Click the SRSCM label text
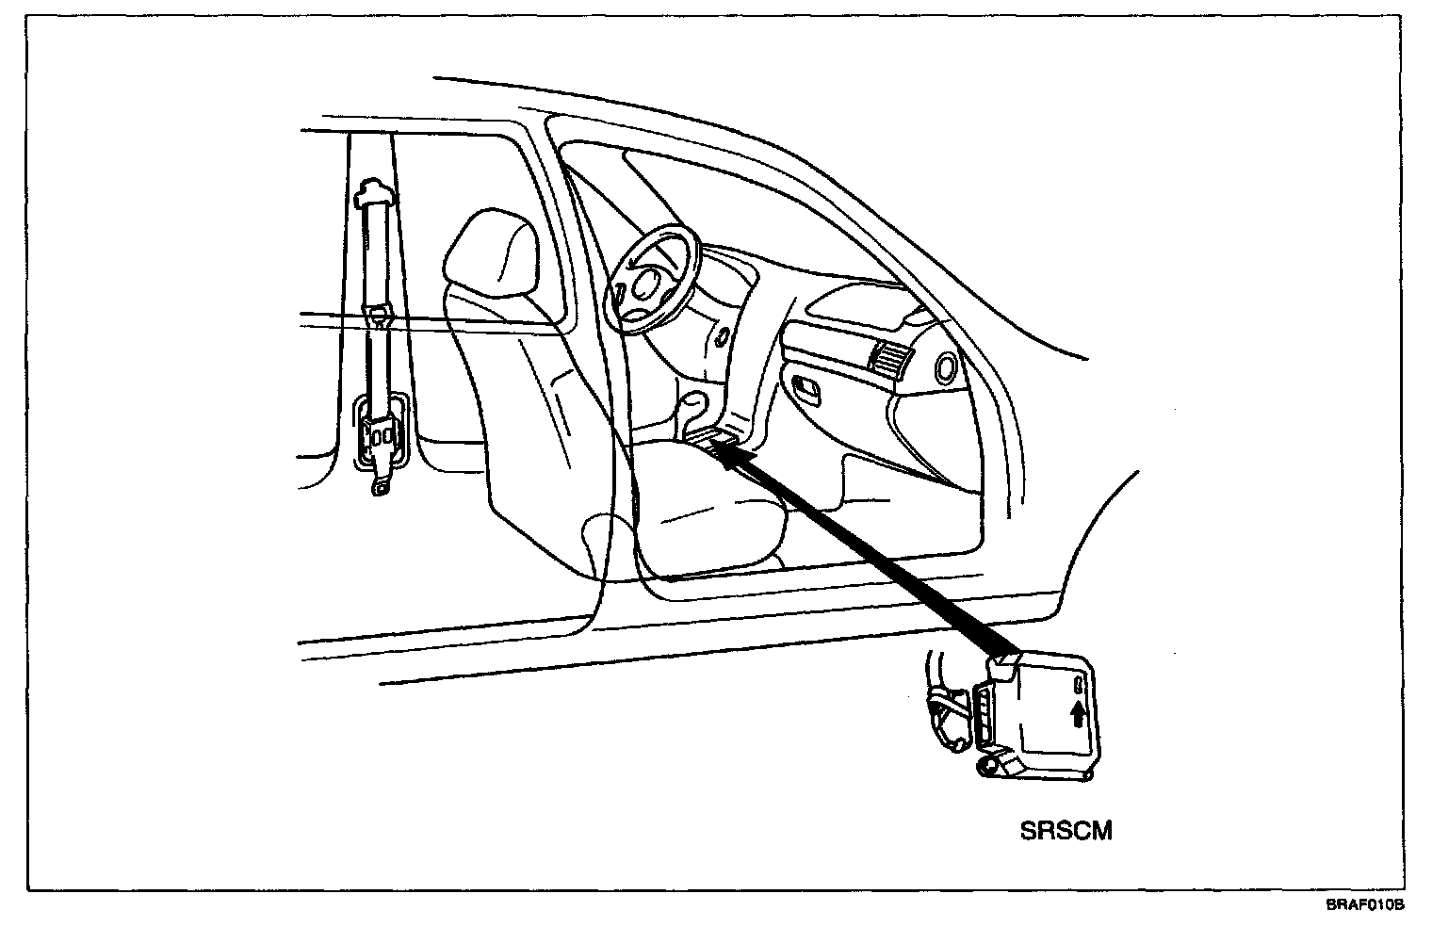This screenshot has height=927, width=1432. point(1066,831)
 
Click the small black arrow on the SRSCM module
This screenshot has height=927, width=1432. point(1078,716)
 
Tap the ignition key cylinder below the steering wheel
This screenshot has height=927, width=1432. point(722,335)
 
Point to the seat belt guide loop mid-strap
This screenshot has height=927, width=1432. point(381,314)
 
